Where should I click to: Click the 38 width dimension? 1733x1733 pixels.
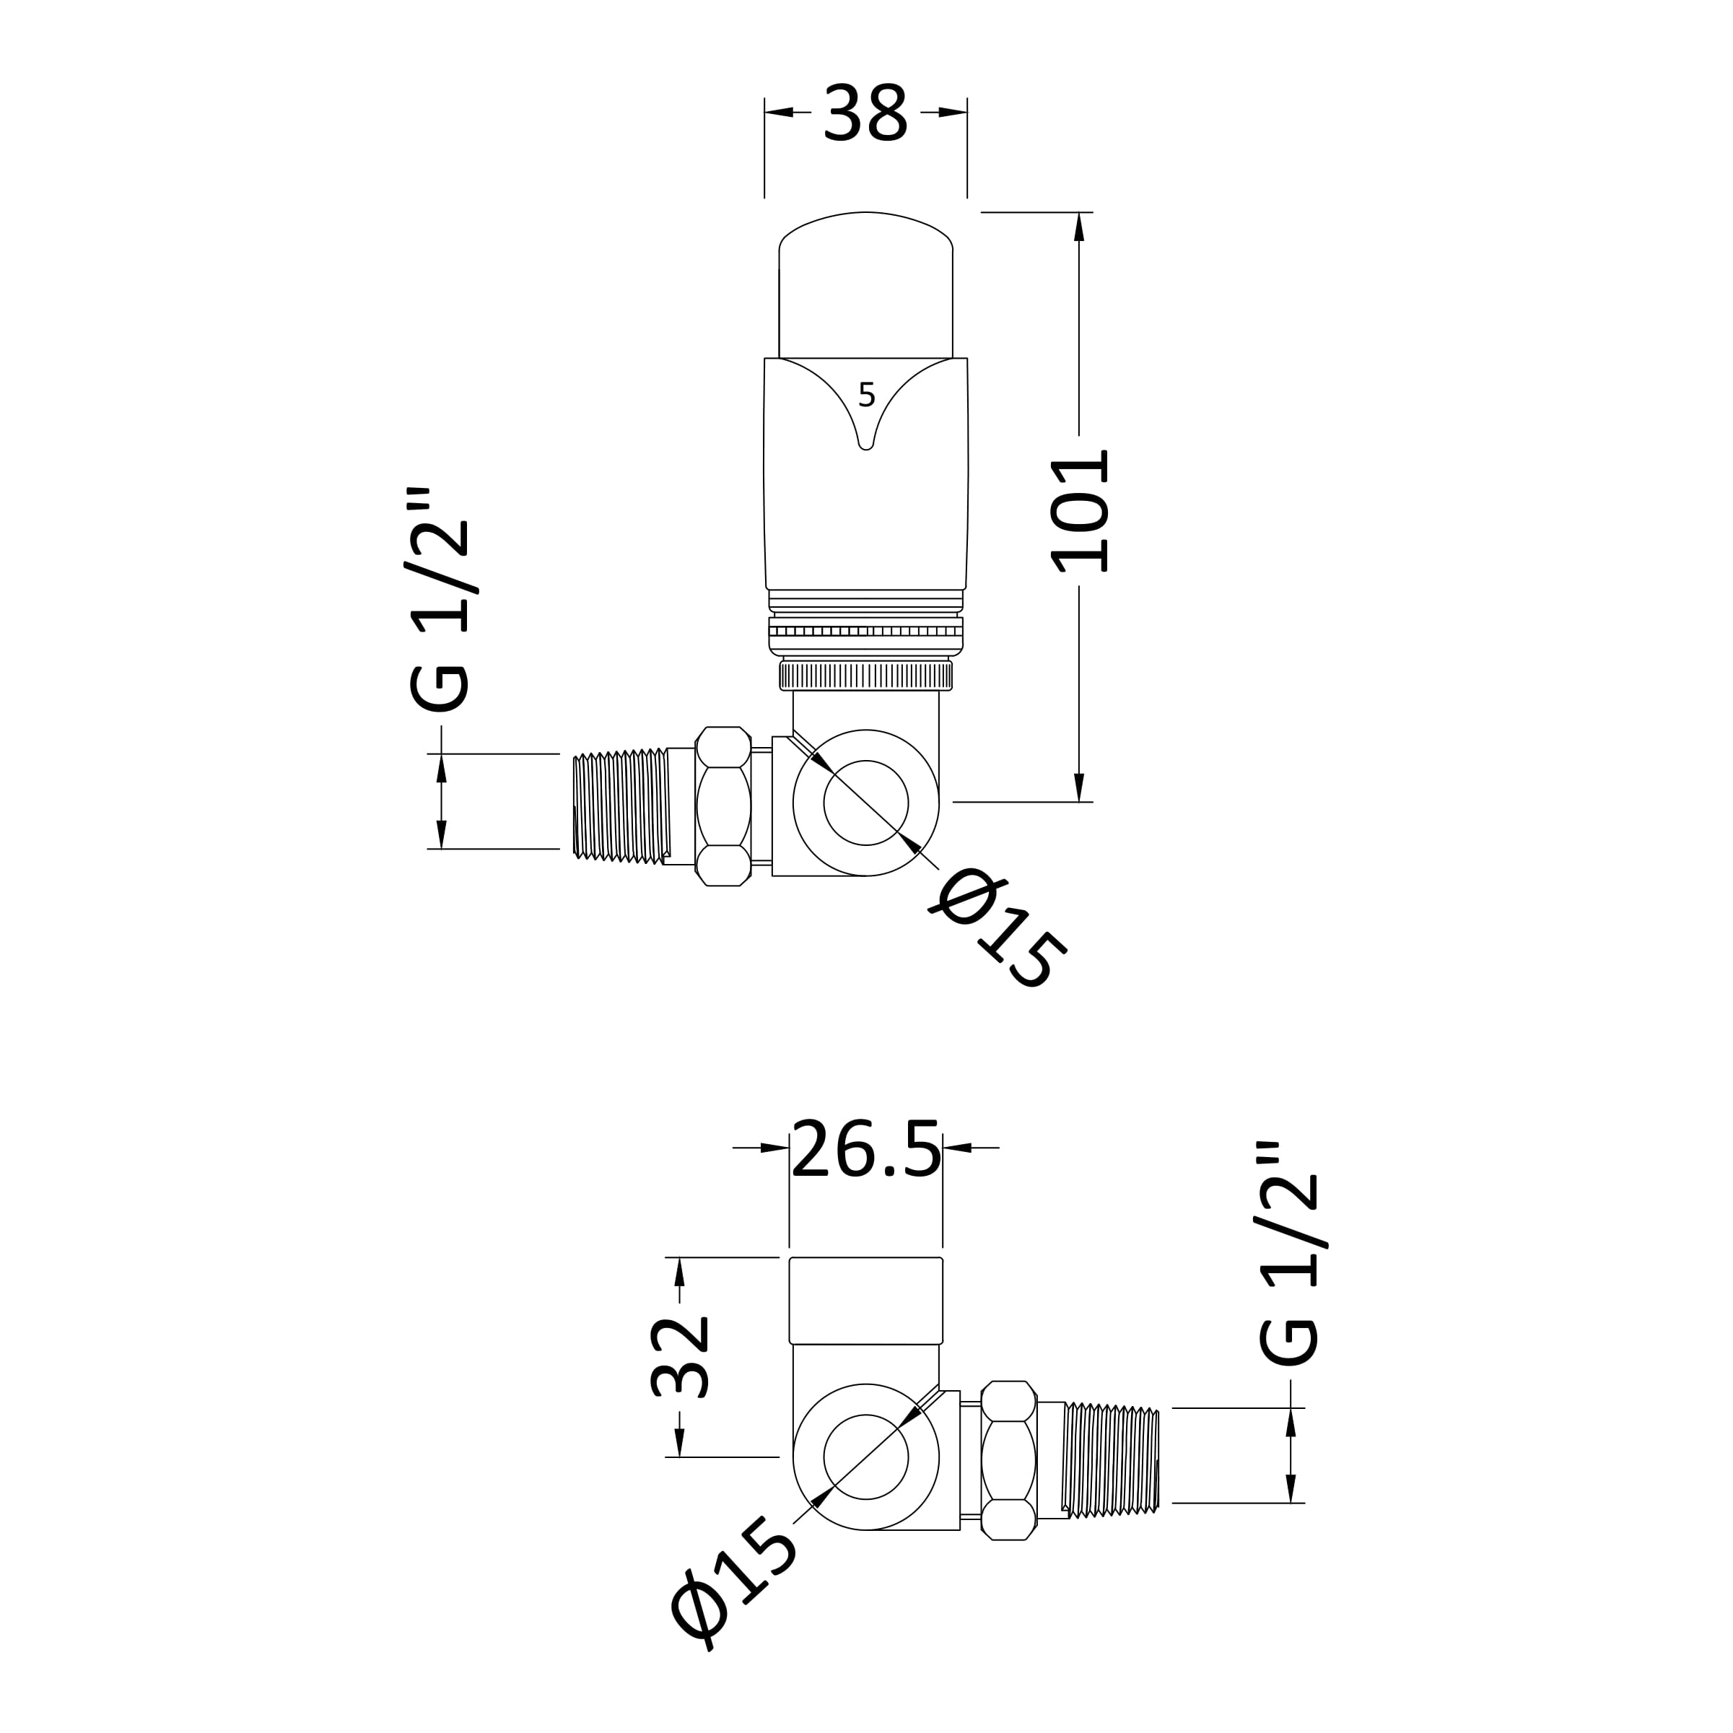[865, 113]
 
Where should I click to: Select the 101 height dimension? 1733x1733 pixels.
[1080, 510]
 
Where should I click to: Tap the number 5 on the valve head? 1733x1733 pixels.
[866, 395]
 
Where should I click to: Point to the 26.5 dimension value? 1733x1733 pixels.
[866, 1148]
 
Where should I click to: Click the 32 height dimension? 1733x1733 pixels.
[680, 1356]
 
